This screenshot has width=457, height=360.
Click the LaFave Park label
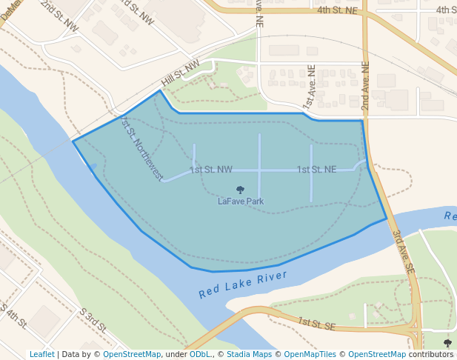click(x=241, y=201)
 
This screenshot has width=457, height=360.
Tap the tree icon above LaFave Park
click(x=240, y=190)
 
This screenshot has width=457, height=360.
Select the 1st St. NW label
click(x=211, y=170)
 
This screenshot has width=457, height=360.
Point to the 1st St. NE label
click(x=316, y=170)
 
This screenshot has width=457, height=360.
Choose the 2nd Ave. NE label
click(x=364, y=87)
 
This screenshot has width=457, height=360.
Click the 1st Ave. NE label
click(x=309, y=87)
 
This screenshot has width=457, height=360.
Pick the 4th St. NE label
click(x=337, y=10)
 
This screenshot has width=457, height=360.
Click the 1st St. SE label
click(x=317, y=324)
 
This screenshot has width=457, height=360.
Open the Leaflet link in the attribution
click(x=41, y=354)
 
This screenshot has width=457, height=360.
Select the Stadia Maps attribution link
click(x=248, y=354)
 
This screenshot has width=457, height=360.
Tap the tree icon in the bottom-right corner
click(x=447, y=343)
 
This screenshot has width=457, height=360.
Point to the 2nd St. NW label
click(x=59, y=15)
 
